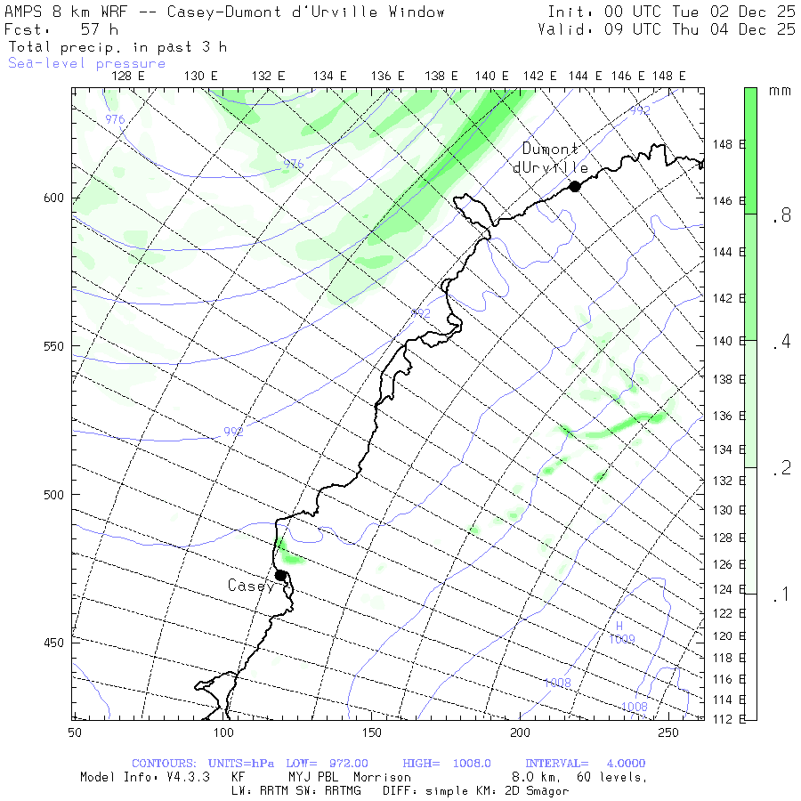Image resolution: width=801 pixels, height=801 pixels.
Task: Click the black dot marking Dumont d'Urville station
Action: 575,186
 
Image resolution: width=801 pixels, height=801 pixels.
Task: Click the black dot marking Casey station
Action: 280,575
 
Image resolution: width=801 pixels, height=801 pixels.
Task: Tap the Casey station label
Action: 250,586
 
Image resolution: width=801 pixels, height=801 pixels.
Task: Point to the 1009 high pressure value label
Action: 622,639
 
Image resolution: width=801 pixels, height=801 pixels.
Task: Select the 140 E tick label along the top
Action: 492,77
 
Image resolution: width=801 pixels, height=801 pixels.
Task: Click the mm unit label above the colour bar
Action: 780,91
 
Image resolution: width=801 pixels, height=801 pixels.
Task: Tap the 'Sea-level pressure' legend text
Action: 87,63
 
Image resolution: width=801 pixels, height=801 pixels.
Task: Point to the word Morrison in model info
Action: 382,777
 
